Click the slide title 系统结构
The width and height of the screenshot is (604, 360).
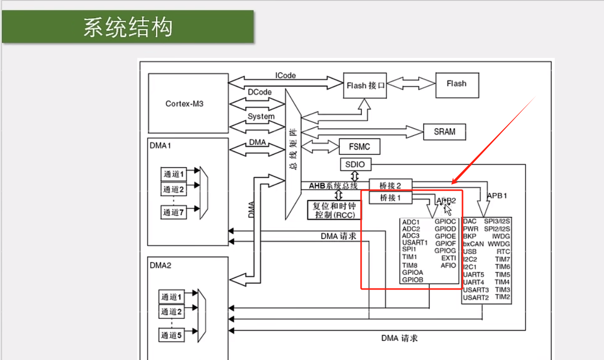tap(128, 27)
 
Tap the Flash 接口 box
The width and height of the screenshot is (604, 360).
tap(366, 86)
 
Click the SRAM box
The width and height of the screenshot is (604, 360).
tap(444, 132)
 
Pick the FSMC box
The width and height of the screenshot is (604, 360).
tap(359, 147)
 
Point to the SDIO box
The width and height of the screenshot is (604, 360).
tap(355, 165)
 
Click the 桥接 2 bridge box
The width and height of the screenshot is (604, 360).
tap(390, 185)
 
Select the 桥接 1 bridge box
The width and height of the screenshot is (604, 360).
tap(389, 198)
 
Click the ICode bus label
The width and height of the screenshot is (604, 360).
tap(286, 76)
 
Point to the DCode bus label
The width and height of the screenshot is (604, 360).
tap(260, 92)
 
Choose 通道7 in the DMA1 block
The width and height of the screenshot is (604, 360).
tap(173, 213)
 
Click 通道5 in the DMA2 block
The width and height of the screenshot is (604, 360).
tap(171, 335)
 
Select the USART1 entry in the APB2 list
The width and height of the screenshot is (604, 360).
tap(414, 243)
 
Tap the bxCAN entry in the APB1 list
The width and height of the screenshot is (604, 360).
tap(473, 244)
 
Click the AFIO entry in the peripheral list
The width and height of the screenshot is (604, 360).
tap(448, 266)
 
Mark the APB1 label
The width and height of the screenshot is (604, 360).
tap(496, 195)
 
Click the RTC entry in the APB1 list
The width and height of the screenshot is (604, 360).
tap(503, 251)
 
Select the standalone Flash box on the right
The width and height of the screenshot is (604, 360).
tap(456, 84)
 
